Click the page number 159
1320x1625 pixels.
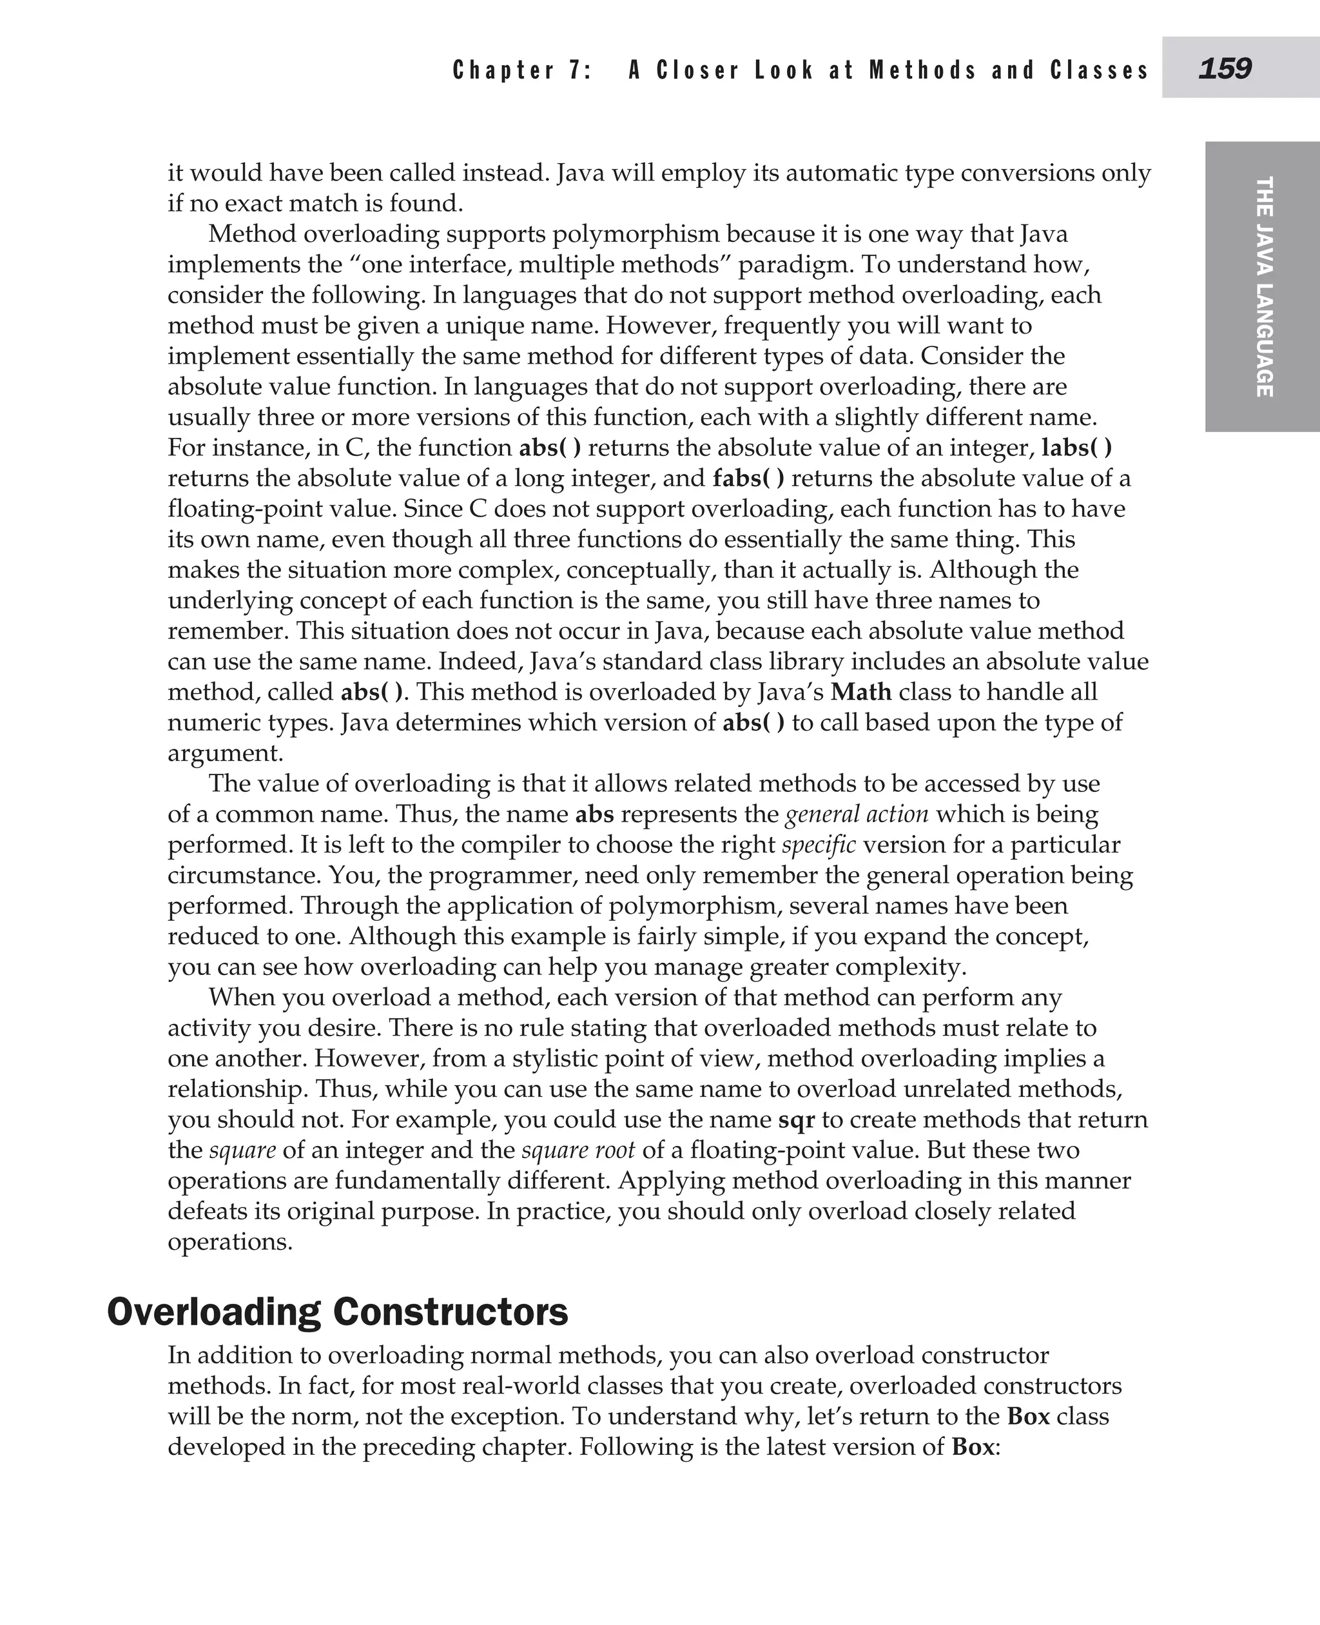click(x=1224, y=69)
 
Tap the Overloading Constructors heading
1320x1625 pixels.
click(x=338, y=1312)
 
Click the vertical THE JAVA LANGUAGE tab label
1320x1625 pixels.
click(x=1264, y=287)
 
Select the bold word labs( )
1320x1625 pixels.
click(x=1076, y=448)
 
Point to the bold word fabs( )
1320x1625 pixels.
click(x=748, y=478)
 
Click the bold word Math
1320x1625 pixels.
click(x=860, y=691)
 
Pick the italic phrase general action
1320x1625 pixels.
click(x=857, y=814)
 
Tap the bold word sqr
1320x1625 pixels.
click(x=796, y=1119)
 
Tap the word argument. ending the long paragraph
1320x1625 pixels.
click(x=225, y=753)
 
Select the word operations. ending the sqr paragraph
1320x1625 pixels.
click(x=229, y=1241)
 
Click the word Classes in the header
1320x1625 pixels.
click(x=1099, y=71)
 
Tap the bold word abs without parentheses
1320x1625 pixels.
click(x=595, y=814)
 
